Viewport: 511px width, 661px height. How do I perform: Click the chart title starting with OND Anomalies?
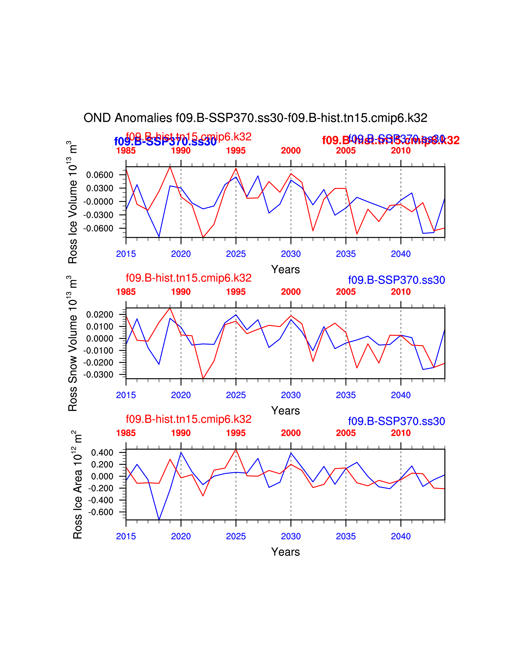[255, 118]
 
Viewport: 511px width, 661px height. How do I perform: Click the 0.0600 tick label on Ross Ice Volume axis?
[100, 175]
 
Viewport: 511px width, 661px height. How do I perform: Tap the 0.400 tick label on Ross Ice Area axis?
[102, 452]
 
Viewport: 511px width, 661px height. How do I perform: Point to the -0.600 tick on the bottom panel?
[101, 512]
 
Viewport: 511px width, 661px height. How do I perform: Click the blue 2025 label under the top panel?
[236, 254]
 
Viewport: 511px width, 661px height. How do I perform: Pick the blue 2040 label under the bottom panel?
[401, 536]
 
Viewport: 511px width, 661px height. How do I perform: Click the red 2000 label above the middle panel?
[291, 292]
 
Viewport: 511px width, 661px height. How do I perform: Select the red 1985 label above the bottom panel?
[126, 433]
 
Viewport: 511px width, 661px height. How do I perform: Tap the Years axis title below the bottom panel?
[286, 552]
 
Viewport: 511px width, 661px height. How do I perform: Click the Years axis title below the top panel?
[286, 269]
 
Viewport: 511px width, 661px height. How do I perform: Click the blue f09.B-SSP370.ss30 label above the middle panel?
[396, 280]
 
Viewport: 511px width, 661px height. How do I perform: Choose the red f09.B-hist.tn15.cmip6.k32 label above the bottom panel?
[189, 419]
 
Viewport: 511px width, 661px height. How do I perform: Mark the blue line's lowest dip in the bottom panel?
[159, 520]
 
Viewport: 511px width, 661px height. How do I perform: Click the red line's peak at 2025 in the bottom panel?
[236, 449]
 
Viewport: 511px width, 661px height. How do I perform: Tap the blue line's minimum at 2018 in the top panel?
[159, 237]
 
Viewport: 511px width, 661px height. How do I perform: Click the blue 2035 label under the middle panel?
[346, 395]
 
